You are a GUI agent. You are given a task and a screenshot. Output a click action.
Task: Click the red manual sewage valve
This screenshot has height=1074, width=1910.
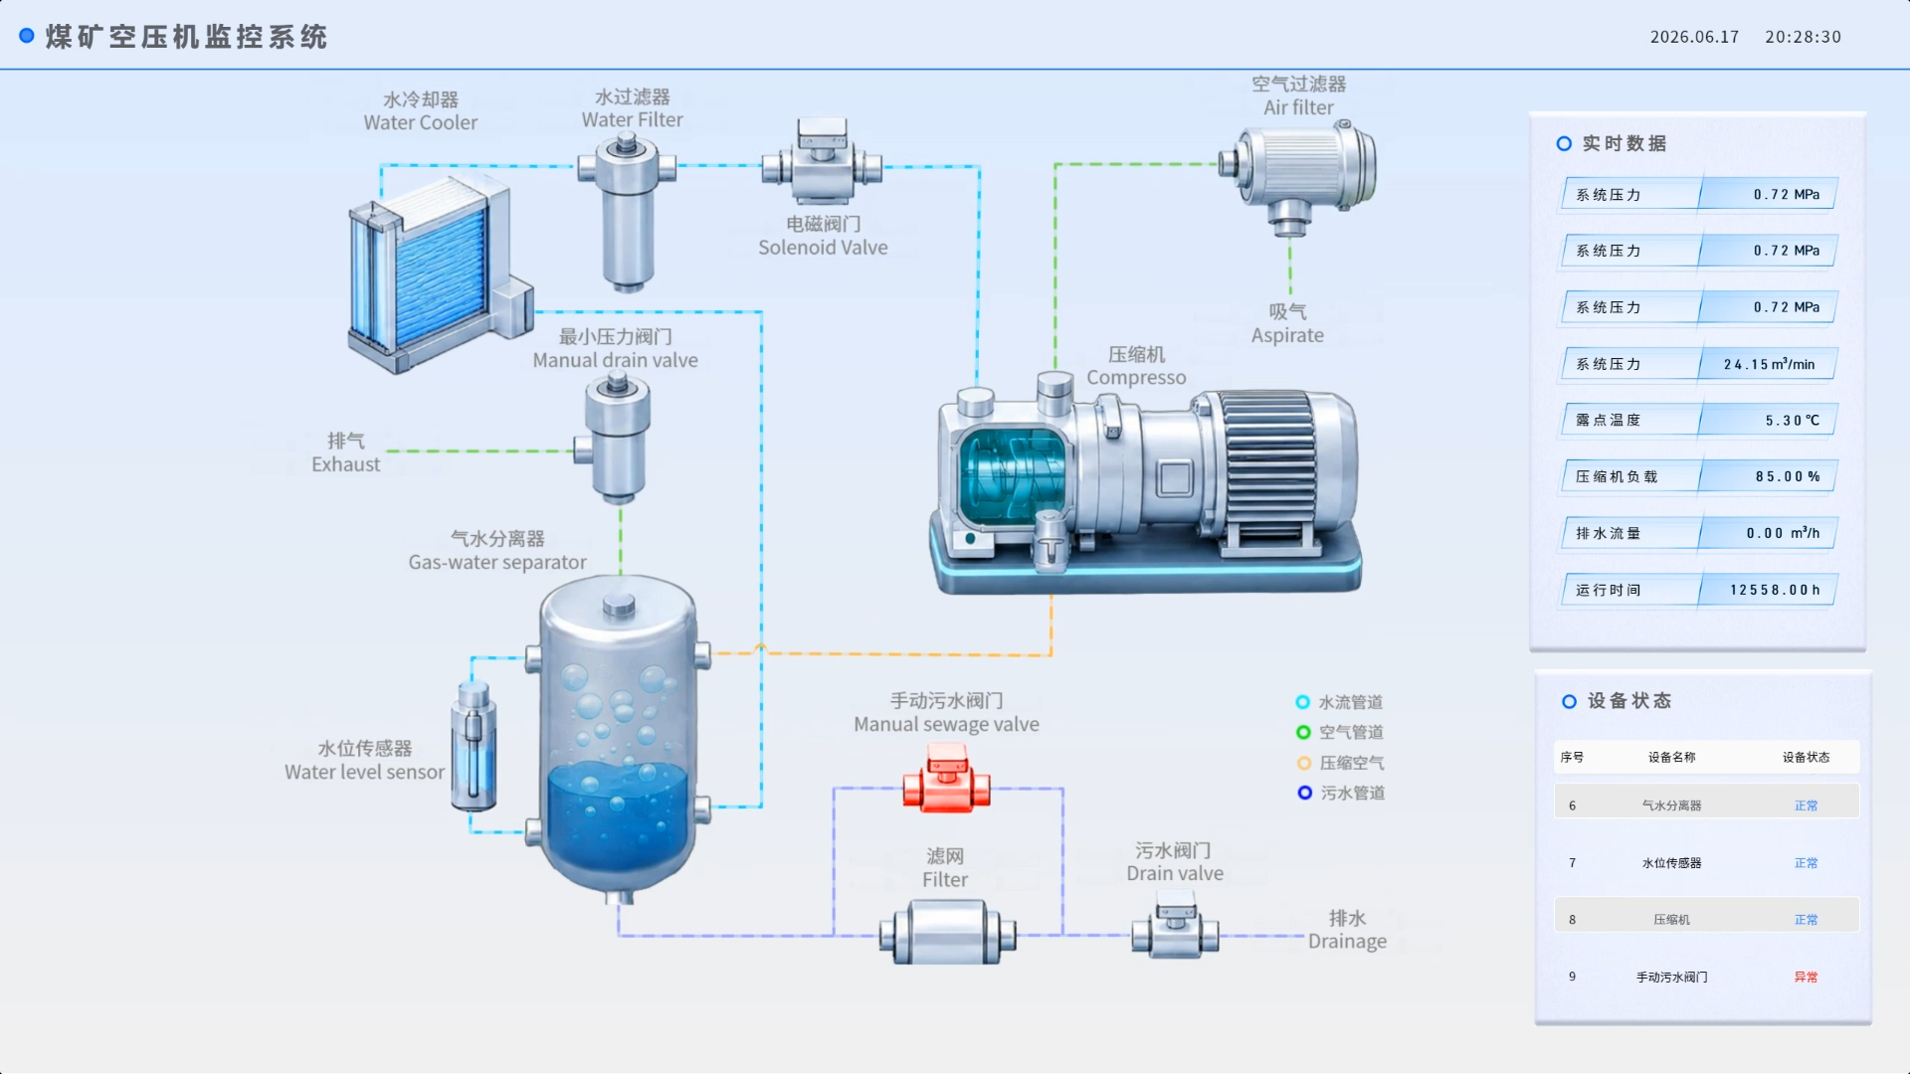coord(946,781)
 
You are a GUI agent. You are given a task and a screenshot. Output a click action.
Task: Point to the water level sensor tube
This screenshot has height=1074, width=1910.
coord(474,746)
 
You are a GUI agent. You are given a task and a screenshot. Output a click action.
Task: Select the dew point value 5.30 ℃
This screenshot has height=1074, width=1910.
coord(1792,421)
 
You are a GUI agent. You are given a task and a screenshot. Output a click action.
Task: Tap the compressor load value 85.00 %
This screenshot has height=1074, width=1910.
coord(1788,477)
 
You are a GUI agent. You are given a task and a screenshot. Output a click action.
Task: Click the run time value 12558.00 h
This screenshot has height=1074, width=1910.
coord(1775,591)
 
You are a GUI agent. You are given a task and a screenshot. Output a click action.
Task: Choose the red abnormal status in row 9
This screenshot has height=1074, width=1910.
coord(1806,978)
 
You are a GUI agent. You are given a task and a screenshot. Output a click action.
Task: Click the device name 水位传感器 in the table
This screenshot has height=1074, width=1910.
coord(1671,863)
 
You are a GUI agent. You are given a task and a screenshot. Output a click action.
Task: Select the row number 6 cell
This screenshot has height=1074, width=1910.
coord(1572,806)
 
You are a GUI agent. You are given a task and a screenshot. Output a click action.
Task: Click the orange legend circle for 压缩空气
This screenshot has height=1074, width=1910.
coord(1304,764)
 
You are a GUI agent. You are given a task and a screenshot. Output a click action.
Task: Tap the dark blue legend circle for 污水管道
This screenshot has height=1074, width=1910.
coord(1304,793)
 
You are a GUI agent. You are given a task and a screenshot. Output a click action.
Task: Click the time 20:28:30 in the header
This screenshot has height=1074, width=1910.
coord(1803,37)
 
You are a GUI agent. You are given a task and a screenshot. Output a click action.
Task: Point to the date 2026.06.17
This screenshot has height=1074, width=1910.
coord(1694,37)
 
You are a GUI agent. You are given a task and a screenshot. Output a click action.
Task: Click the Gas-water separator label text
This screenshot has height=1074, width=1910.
coord(497,563)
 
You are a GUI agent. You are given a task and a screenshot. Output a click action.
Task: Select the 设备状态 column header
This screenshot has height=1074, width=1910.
coord(1806,758)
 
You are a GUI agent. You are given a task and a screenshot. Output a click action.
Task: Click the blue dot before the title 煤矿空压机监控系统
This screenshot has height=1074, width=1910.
coord(27,36)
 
